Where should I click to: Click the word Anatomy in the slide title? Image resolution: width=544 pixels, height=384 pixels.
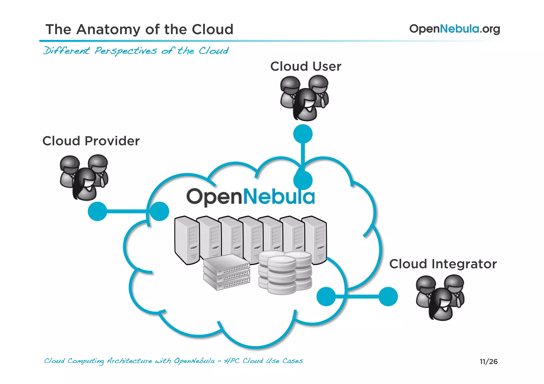coord(108,29)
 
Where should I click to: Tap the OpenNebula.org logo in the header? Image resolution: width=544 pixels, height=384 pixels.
coord(454,29)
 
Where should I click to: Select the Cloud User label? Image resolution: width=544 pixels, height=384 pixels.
coord(305,66)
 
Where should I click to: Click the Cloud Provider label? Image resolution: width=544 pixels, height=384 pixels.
coord(91,141)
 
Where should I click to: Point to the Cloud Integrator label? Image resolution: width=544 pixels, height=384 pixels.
coord(443,264)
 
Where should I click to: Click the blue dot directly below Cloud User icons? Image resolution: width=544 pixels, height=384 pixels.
coord(303,134)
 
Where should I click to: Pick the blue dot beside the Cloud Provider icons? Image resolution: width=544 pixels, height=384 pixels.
coord(97,211)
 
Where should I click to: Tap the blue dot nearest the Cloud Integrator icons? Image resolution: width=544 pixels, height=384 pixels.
coord(388,296)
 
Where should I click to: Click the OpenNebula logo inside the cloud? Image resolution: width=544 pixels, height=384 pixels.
coord(250,197)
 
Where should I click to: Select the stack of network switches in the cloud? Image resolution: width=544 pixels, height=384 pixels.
coord(227,273)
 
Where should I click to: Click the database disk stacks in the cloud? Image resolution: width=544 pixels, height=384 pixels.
coord(285,273)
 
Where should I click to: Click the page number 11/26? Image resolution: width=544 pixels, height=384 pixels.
coord(488,361)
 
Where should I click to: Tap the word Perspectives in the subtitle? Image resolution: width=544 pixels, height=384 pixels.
coord(126,51)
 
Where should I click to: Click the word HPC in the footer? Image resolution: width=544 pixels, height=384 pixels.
coord(231,361)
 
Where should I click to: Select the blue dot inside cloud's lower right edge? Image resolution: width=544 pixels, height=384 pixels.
coord(326,296)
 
